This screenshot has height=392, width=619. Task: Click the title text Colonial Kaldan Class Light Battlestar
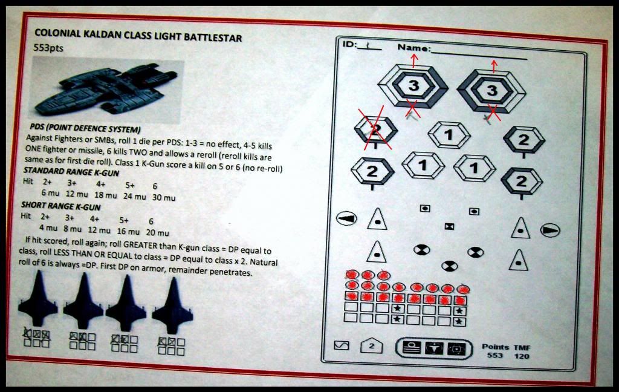[x=138, y=36]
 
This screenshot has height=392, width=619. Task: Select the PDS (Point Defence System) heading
[x=85, y=129]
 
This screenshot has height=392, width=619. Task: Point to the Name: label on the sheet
[x=414, y=48]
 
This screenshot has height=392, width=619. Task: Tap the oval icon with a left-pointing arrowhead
[x=346, y=218]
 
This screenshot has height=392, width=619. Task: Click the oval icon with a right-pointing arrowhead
[x=549, y=230]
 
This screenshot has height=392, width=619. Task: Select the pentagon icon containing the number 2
[x=372, y=346]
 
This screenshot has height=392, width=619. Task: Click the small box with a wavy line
[x=342, y=345]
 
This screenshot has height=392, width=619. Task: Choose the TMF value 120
[x=522, y=356]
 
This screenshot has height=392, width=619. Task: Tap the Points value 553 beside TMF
[x=495, y=356]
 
